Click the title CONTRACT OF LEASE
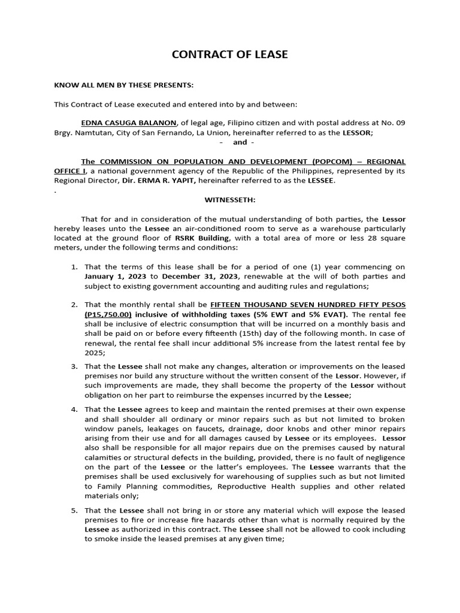tap(230, 54)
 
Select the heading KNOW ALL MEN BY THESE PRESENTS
tap(124, 85)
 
